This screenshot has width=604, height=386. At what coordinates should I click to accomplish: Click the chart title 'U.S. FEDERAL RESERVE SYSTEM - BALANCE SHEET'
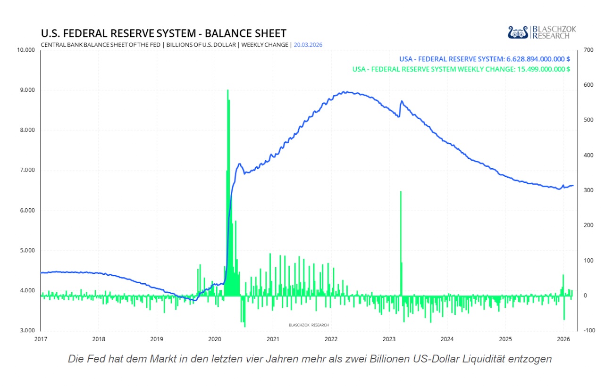163,33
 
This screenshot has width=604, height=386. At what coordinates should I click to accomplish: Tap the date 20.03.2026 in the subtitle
308,45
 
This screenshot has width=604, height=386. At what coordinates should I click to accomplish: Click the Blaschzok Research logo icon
518,33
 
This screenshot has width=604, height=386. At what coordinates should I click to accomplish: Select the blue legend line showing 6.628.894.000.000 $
485,59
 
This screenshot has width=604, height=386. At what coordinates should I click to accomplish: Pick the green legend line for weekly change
461,69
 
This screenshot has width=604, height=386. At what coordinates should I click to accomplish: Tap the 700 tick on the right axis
587,50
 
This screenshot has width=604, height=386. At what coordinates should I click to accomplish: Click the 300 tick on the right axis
587,190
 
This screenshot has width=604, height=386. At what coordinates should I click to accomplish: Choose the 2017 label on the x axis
41,339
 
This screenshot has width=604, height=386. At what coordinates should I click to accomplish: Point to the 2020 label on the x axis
214,339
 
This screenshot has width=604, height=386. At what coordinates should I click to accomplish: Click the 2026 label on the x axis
562,339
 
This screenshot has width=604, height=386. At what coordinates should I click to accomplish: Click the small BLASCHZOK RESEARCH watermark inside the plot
309,325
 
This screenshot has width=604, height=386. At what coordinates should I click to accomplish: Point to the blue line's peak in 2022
345,92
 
